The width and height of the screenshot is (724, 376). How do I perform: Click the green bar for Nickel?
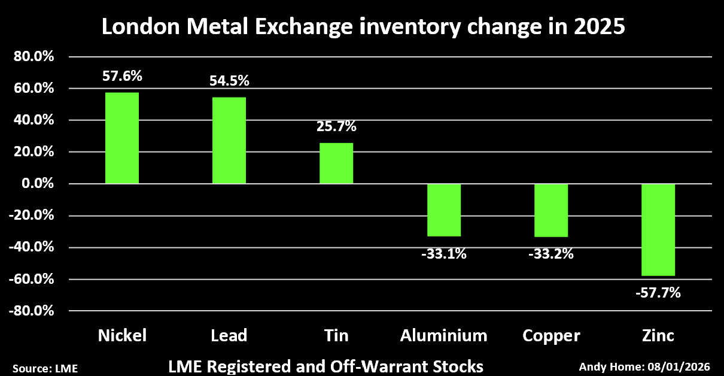pyautogui.click(x=122, y=138)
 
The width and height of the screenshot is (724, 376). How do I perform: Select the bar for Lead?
pyautogui.click(x=229, y=140)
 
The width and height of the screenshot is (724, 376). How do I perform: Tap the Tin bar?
pyautogui.click(x=336, y=163)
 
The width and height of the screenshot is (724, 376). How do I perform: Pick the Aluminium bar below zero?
pyautogui.click(x=443, y=210)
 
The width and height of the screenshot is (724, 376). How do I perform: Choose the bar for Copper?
pyautogui.click(x=550, y=210)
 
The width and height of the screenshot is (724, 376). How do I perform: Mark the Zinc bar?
pyautogui.click(x=658, y=229)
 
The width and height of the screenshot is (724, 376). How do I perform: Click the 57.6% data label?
pyautogui.click(x=122, y=77)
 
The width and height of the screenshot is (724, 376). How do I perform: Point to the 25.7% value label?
pyautogui.click(x=336, y=127)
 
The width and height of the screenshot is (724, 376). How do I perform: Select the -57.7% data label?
pyautogui.click(x=658, y=293)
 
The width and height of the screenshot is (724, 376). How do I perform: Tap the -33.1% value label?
pyautogui.click(x=443, y=254)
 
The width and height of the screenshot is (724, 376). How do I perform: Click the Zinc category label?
pyautogui.click(x=658, y=335)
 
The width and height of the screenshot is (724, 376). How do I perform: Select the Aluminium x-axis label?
pyautogui.click(x=443, y=335)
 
